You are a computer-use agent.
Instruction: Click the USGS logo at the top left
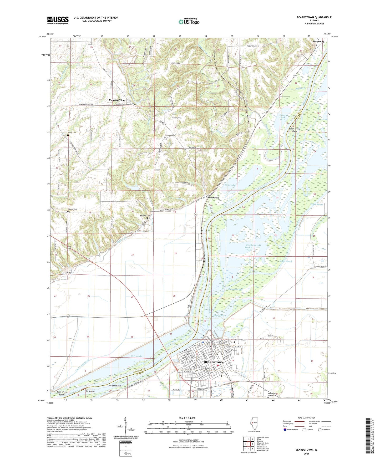[x=58, y=20]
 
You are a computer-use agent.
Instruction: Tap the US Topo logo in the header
[x=189, y=22]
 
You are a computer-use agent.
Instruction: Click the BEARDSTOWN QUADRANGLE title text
[x=314, y=17]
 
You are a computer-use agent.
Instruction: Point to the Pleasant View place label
[x=117, y=100]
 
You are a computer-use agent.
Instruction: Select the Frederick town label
[x=213, y=197]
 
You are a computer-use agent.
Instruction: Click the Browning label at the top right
[x=318, y=42]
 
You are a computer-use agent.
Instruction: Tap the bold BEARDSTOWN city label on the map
[x=214, y=363]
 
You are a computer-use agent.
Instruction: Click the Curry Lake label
[x=136, y=356]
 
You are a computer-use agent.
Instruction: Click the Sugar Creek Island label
[x=294, y=130]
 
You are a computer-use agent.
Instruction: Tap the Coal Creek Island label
[x=62, y=393]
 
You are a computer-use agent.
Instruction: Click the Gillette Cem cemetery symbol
[x=68, y=211]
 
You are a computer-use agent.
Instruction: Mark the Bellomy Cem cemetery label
[x=177, y=118]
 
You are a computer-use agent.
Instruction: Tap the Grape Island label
[x=115, y=386]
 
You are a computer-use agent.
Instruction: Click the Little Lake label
[x=230, y=185]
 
